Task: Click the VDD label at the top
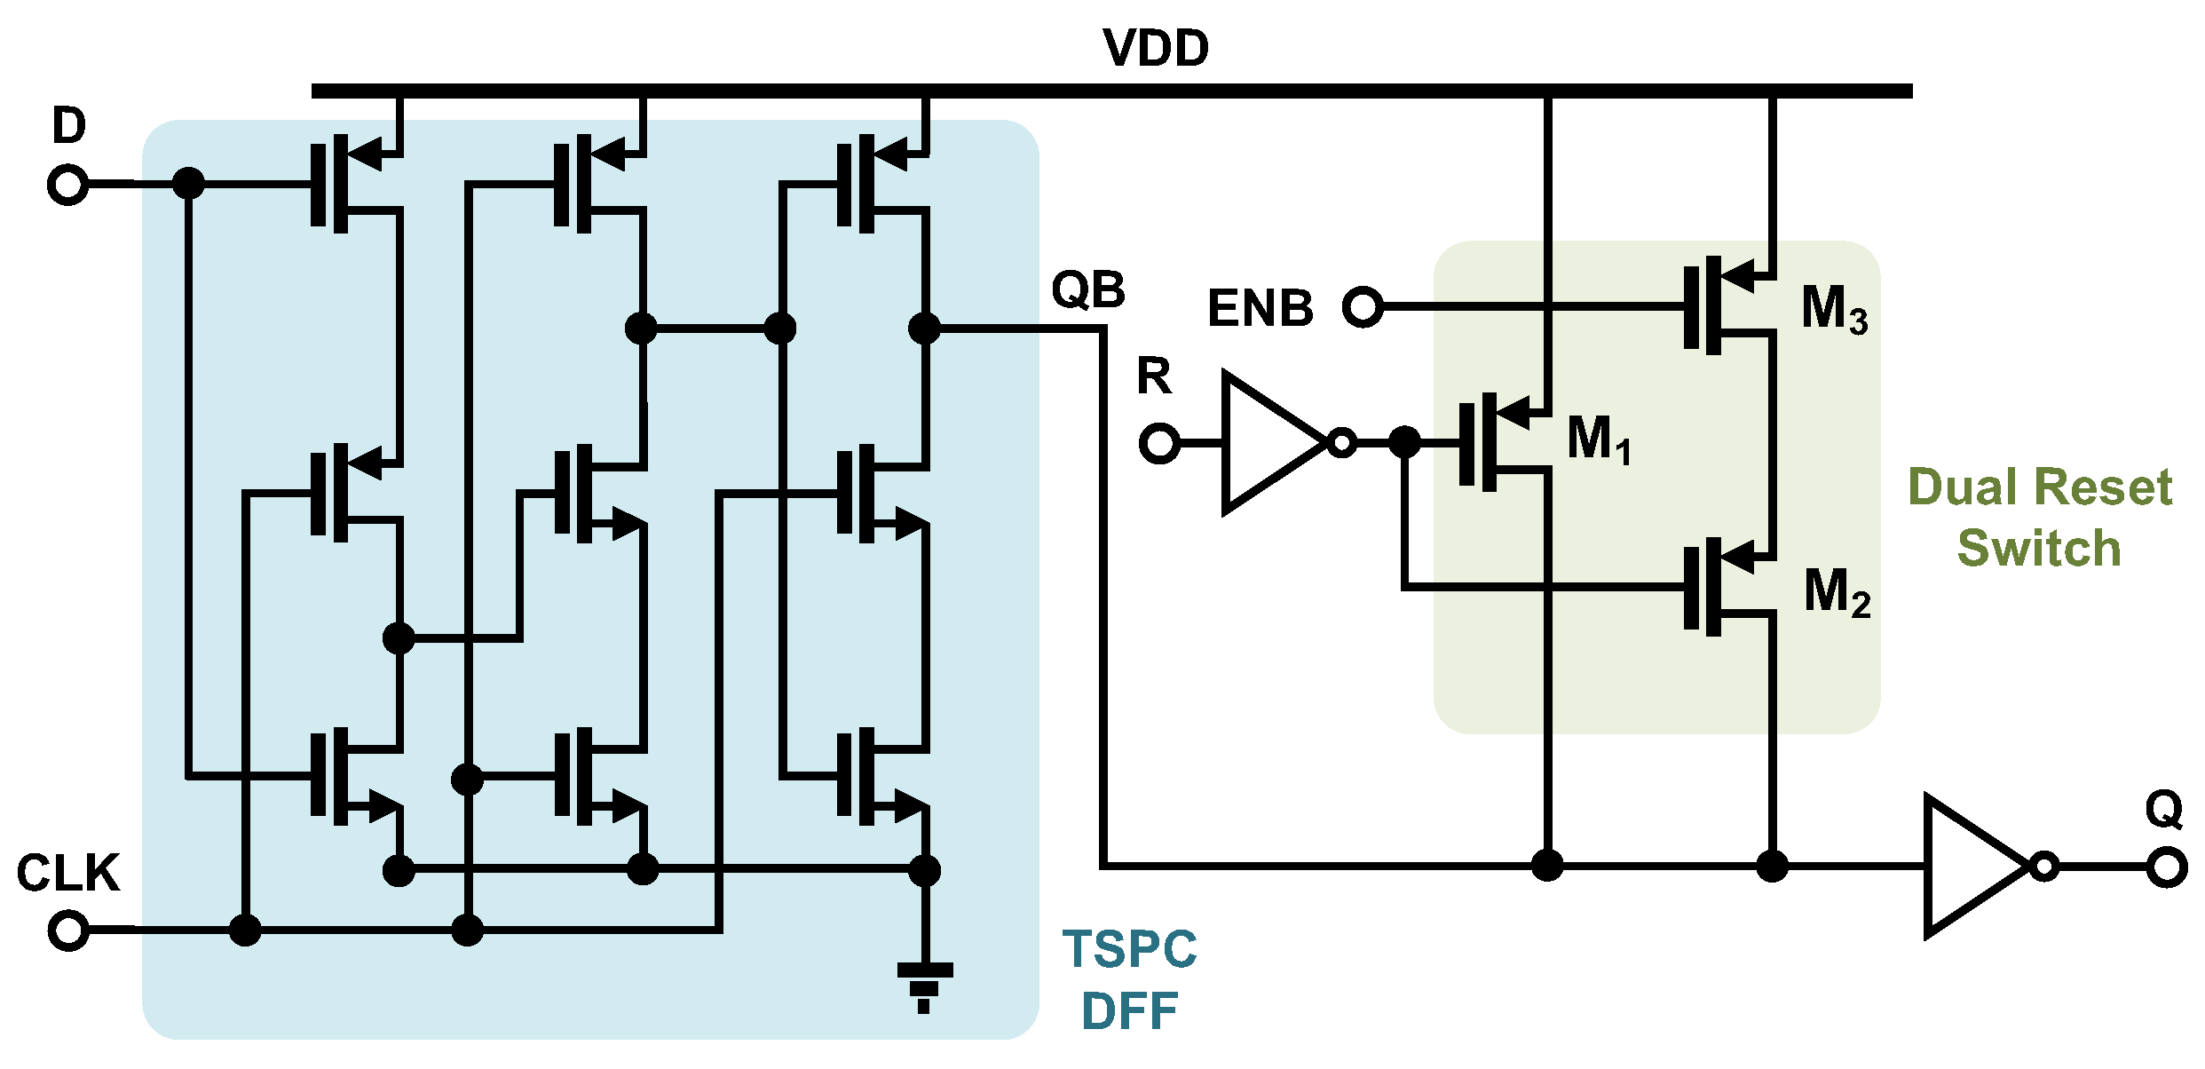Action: [x=1155, y=48]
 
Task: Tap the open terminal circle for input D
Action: [x=67, y=186]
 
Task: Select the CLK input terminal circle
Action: [x=67, y=930]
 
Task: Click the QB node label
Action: [x=1087, y=289]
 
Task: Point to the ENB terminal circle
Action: [x=1363, y=307]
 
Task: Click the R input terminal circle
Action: [x=1158, y=443]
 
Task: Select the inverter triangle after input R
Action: [x=1269, y=442]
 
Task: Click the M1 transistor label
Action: [x=1598, y=439]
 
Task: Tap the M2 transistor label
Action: [x=1837, y=592]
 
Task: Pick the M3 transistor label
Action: [x=1834, y=309]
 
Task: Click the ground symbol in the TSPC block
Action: [x=924, y=986]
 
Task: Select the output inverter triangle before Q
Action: [x=1972, y=866]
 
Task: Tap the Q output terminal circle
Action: [x=2166, y=867]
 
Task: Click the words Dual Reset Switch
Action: [x=2040, y=517]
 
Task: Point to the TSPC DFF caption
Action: [x=1129, y=980]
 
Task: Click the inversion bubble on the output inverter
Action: [x=2044, y=866]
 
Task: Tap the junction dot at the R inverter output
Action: [x=1404, y=441]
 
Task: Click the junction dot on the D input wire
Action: [x=188, y=184]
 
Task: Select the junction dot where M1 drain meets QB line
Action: [x=1547, y=864]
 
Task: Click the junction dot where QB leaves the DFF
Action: [x=924, y=329]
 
